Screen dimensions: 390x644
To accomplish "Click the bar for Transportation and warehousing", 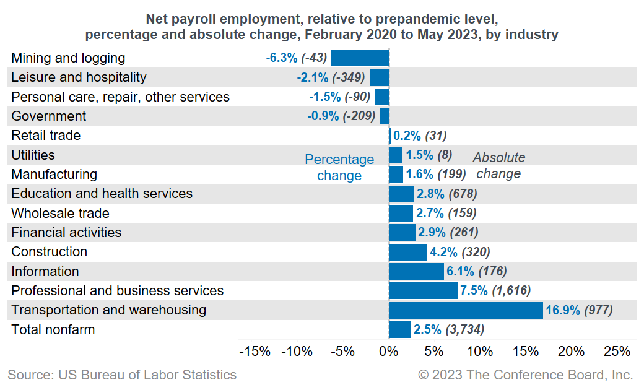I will pos(466,310).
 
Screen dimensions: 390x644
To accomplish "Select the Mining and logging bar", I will pos(360,58).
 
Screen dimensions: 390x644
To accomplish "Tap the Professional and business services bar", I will pos(423,291).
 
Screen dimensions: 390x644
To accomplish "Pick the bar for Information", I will pos(416,271).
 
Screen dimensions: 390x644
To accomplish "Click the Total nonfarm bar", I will pos(399,329).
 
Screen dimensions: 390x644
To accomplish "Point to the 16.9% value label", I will pos(562,310).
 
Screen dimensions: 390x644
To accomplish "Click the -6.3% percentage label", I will pos(282,58).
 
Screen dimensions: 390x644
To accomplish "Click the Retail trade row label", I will pos(46,136).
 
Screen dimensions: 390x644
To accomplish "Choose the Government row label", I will pos(48,116).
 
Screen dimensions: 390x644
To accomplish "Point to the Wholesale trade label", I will pos(60,214).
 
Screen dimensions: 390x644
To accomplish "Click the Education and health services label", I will pos(102,194).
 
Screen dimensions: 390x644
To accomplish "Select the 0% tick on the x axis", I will pos(388,352).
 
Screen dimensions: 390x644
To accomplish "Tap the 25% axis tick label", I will pos(616,352).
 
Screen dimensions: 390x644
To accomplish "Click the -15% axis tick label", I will pos(255,352).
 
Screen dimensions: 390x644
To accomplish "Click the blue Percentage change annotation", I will pos(339,167).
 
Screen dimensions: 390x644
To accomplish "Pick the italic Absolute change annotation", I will pos(499,165).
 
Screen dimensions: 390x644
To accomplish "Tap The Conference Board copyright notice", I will pos(525,375).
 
